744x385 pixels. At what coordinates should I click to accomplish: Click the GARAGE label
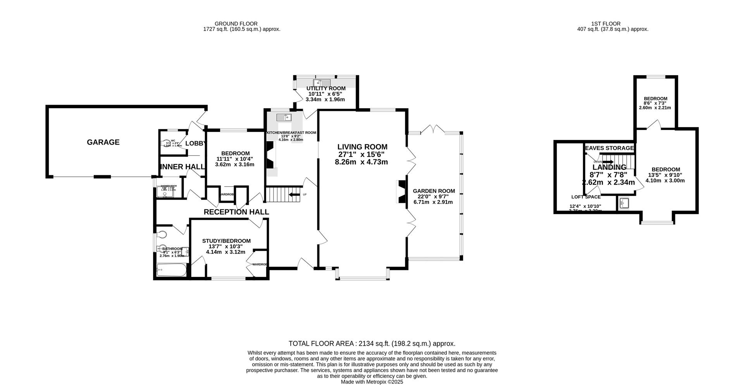click(103, 142)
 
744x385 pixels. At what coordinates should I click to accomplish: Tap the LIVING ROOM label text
click(362, 147)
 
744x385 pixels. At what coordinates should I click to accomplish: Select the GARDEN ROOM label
click(434, 191)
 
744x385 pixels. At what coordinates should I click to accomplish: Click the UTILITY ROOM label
click(325, 88)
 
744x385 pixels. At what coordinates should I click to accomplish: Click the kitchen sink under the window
click(284, 117)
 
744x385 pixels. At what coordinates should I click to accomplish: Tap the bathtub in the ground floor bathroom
click(171, 270)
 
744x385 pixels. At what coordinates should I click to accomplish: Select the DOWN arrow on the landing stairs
click(608, 162)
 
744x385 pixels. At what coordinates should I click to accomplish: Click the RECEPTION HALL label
click(236, 212)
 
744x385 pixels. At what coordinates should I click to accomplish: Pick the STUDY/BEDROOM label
click(226, 241)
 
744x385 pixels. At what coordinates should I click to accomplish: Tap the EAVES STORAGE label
click(609, 148)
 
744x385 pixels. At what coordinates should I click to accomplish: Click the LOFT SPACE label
click(586, 197)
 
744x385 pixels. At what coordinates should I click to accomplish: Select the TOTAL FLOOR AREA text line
click(372, 344)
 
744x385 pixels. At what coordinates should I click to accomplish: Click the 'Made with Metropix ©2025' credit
click(372, 382)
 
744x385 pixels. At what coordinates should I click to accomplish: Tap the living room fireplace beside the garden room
click(401, 192)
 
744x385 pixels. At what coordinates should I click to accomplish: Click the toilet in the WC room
click(165, 143)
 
